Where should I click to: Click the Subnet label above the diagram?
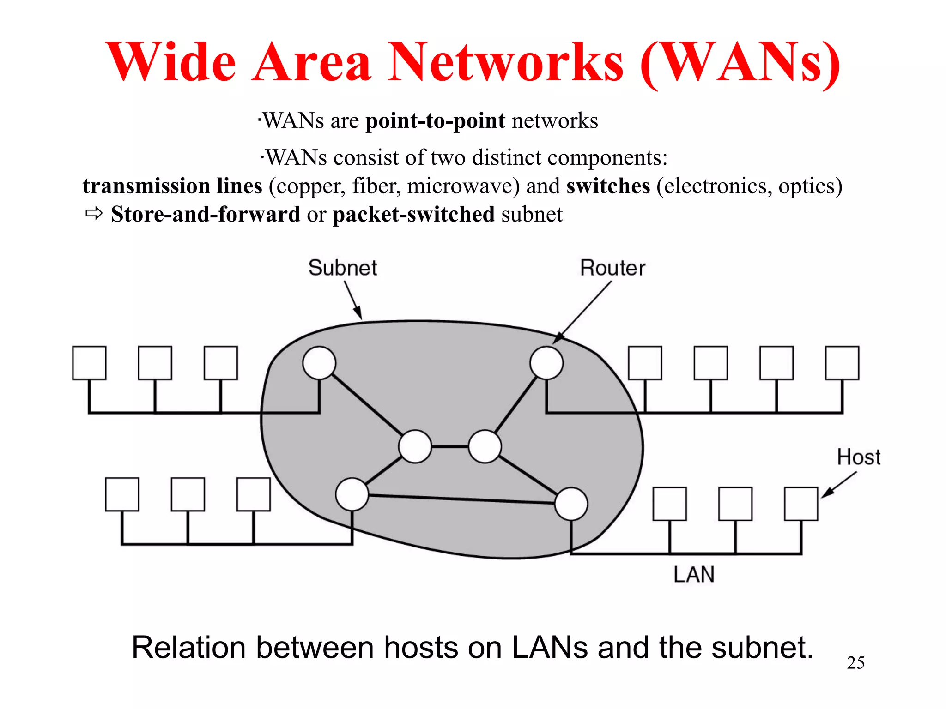click(343, 268)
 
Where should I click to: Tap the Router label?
click(612, 268)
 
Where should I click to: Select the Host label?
click(859, 457)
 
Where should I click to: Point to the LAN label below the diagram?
click(694, 575)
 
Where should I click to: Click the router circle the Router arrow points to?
click(546, 363)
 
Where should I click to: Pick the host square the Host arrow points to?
click(801, 504)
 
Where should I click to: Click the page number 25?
click(855, 663)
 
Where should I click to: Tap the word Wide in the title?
click(171, 62)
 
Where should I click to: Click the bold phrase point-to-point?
click(435, 121)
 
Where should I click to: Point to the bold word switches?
click(608, 186)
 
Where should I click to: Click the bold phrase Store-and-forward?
click(206, 214)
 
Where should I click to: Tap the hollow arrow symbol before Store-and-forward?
click(94, 214)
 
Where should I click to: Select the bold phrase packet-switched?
click(413, 214)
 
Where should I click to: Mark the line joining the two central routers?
click(450, 446)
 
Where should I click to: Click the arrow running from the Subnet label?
click(353, 300)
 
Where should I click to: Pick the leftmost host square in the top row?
click(89, 363)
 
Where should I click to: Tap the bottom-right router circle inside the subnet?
click(571, 504)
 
